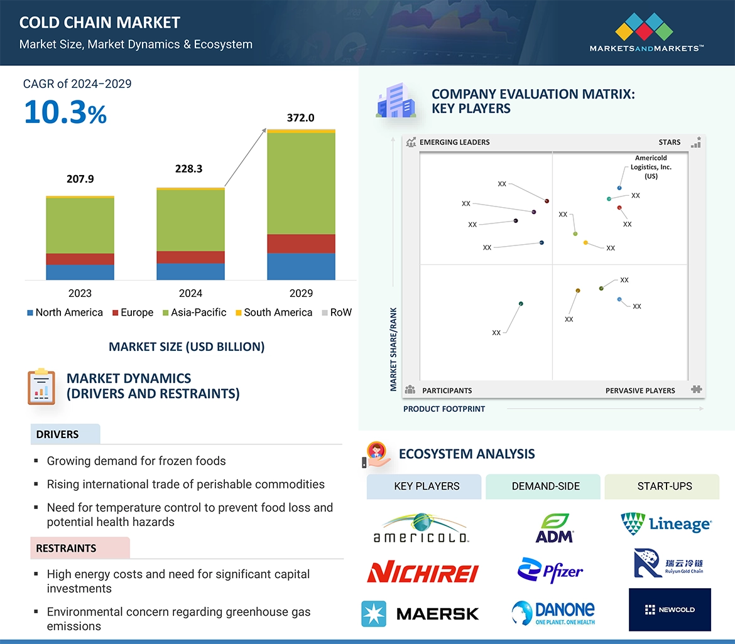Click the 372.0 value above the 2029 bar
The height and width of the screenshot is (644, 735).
click(x=300, y=118)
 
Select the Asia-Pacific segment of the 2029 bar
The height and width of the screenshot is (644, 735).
click(x=301, y=183)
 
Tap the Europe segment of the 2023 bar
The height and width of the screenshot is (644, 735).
click(x=80, y=259)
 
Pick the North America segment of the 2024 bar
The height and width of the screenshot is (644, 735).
click(x=190, y=271)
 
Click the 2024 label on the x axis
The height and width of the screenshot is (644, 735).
click(x=190, y=293)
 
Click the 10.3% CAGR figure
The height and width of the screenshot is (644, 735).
click(x=65, y=112)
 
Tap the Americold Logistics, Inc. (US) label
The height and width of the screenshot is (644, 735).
click(x=651, y=167)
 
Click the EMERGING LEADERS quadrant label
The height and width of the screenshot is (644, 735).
click(x=454, y=142)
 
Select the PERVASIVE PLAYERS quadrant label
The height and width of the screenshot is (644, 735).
click(x=640, y=390)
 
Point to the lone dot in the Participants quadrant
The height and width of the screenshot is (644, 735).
click(x=521, y=304)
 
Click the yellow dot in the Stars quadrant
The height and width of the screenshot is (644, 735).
click(x=585, y=243)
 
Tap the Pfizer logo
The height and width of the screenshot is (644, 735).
click(x=550, y=571)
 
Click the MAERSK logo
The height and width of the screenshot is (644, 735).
click(x=420, y=614)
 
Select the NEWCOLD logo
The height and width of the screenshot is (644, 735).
click(x=670, y=609)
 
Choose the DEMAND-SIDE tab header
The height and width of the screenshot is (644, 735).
click(x=545, y=486)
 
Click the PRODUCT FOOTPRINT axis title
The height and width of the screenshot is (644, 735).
click(x=444, y=409)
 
